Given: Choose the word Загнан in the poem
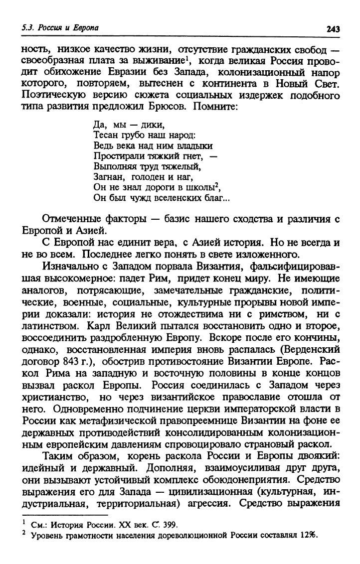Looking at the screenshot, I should tap(106, 176).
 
